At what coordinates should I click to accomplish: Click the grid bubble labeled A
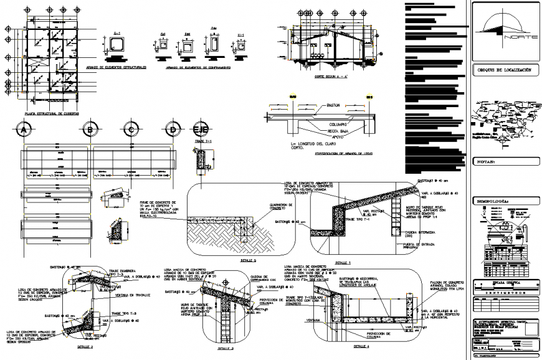tap(23, 130)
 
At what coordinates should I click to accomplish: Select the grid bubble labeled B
tap(92, 130)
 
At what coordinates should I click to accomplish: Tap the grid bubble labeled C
tap(131, 130)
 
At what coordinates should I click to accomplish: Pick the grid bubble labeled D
tap(171, 130)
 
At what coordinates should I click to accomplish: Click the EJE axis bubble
tap(199, 129)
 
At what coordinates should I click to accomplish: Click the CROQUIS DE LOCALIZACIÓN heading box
tap(504, 71)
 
